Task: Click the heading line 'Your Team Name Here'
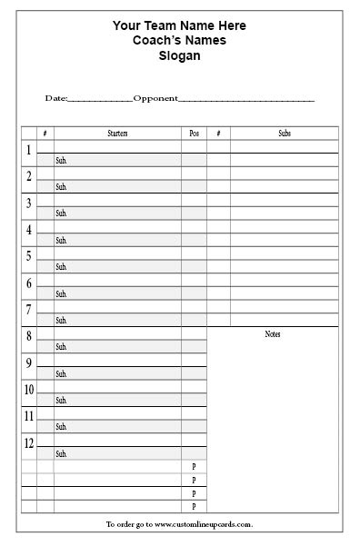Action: [x=179, y=26]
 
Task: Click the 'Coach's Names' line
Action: [x=179, y=41]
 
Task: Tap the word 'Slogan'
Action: [x=179, y=55]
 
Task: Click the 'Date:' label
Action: [x=55, y=98]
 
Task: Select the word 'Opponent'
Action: [x=155, y=98]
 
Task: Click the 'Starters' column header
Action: [x=117, y=134]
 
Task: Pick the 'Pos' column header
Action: [x=194, y=134]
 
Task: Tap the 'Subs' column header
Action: [x=285, y=134]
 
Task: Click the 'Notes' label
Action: [x=273, y=334]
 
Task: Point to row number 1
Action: [x=29, y=150]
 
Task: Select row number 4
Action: [x=29, y=230]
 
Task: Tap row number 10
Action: [x=29, y=390]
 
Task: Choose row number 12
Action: [x=29, y=443]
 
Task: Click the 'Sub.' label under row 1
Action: [x=62, y=161]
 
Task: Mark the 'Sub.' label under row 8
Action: [x=62, y=347]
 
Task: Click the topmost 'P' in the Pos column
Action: [x=194, y=466]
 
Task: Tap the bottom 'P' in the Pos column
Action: [x=194, y=506]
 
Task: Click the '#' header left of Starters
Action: [x=45, y=134]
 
